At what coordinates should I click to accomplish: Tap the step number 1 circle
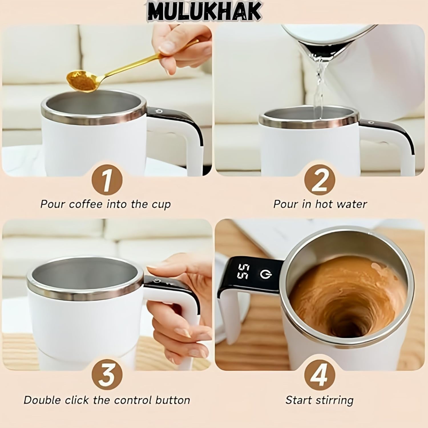[x=107, y=180]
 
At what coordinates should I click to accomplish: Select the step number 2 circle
[x=320, y=180]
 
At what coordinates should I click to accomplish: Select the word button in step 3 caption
[x=172, y=400]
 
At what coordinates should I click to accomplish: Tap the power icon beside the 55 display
[x=266, y=274]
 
